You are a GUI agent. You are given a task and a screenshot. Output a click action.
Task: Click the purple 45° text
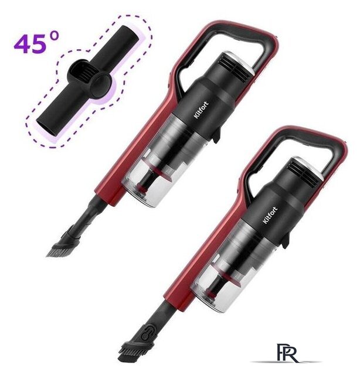point(36,43)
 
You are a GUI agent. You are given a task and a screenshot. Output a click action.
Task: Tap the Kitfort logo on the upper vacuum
point(201,110)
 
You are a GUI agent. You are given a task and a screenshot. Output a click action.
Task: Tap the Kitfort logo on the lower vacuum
point(270,215)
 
